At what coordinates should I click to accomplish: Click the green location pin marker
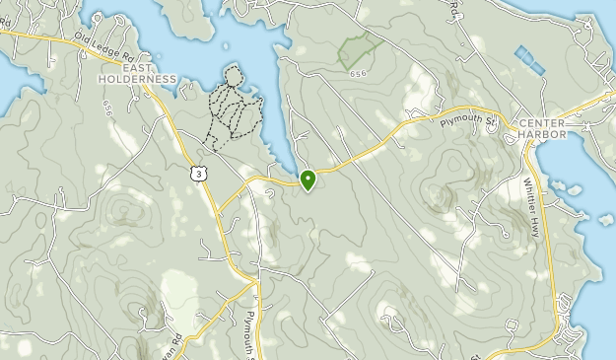pyautogui.click(x=308, y=180)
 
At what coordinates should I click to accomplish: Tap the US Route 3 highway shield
pyautogui.click(x=200, y=173)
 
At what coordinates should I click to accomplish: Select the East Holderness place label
pyautogui.click(x=138, y=73)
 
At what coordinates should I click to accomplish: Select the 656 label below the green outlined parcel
pyautogui.click(x=357, y=74)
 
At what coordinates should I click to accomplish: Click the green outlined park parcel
pyautogui.click(x=360, y=48)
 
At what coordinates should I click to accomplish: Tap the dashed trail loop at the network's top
pyautogui.click(x=233, y=75)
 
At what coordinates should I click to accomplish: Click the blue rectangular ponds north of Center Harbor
pyautogui.click(x=529, y=59)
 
